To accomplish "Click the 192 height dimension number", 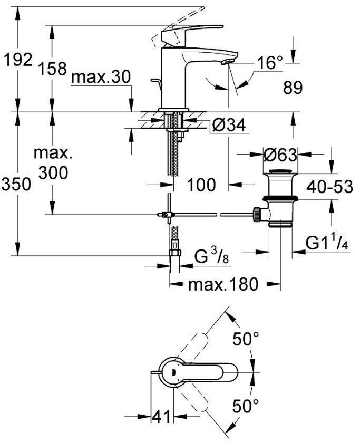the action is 18,60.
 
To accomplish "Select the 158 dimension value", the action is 53,69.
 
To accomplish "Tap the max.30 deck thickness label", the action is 101,77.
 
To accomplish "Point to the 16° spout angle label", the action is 269,63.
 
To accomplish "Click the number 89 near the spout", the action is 293,87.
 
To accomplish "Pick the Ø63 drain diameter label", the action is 280,155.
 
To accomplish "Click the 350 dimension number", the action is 16,185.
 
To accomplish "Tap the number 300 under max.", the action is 53,172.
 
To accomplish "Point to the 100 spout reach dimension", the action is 201,185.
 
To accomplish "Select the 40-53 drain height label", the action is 329,187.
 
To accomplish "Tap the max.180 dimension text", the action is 223,284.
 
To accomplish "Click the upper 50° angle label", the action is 246,338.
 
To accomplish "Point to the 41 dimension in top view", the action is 161,416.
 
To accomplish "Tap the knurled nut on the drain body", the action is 257,215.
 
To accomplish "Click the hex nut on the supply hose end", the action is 175,252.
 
